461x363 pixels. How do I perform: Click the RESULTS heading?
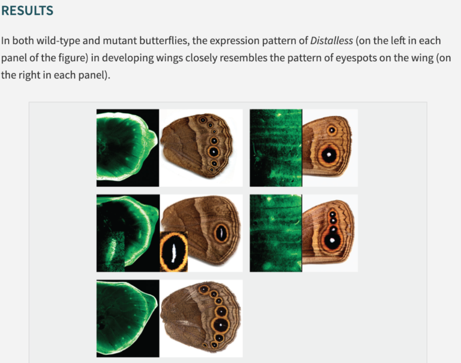[27, 10]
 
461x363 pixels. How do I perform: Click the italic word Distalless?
[331, 41]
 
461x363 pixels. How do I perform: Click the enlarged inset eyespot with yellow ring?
[174, 252]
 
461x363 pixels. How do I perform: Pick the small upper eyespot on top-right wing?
[332, 131]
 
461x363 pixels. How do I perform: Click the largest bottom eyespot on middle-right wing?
[332, 240]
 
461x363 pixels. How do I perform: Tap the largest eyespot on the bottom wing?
[221, 325]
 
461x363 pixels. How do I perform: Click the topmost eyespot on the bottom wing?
[204, 289]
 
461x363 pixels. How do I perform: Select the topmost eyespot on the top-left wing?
[203, 120]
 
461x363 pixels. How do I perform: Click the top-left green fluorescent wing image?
[128, 148]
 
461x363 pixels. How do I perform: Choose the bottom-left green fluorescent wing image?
[128, 318]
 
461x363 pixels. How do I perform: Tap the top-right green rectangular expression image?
[276, 148]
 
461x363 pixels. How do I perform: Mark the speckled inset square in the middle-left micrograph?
[111, 252]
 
